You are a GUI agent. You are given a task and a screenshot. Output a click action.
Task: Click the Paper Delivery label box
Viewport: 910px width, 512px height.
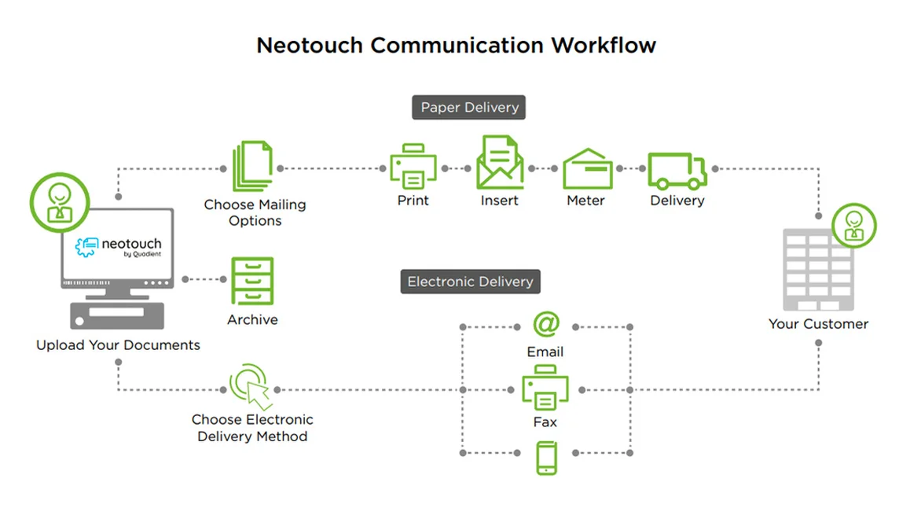tap(469, 108)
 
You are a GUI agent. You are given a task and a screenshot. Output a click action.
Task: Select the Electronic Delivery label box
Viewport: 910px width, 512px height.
tap(470, 282)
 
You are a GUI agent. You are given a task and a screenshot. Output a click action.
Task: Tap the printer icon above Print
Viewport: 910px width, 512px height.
tap(413, 167)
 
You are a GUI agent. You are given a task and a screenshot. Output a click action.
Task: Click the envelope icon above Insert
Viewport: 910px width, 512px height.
tap(500, 163)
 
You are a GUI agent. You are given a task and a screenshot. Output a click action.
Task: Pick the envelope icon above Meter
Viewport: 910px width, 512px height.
tap(587, 168)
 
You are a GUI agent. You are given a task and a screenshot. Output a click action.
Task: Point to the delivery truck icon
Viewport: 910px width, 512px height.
tap(677, 170)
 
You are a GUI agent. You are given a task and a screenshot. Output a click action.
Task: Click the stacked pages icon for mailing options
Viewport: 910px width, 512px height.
tap(253, 166)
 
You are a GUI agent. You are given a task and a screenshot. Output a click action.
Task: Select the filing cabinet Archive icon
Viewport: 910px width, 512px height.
tap(252, 281)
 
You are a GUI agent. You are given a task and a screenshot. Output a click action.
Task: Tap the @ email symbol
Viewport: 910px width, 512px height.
tap(545, 323)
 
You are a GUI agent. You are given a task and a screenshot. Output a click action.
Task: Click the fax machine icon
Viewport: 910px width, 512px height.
tap(545, 389)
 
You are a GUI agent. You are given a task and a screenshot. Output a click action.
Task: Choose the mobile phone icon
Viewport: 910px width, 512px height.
tap(546, 458)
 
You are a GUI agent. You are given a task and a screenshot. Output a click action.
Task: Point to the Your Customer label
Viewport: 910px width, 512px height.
tap(818, 323)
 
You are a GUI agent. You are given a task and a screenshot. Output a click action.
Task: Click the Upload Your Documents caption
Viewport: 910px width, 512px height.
tap(118, 345)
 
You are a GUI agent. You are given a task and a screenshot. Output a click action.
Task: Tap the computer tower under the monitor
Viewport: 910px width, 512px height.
tap(119, 315)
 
